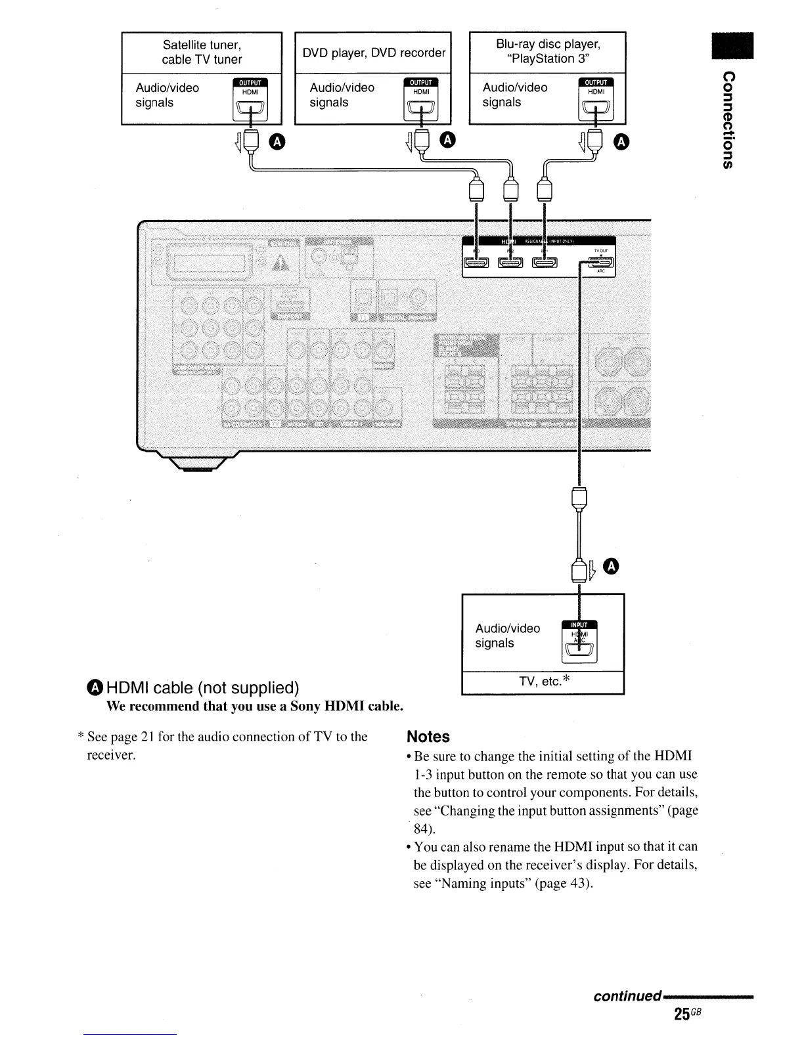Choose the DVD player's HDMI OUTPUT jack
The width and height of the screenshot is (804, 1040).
point(420,111)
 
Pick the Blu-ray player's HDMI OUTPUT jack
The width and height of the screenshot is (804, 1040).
point(595,111)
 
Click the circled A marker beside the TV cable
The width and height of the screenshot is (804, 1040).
point(612,567)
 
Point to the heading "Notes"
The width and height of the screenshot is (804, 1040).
point(428,737)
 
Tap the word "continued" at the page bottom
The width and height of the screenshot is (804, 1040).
point(626,996)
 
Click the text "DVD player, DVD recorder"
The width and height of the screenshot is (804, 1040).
point(374,53)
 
